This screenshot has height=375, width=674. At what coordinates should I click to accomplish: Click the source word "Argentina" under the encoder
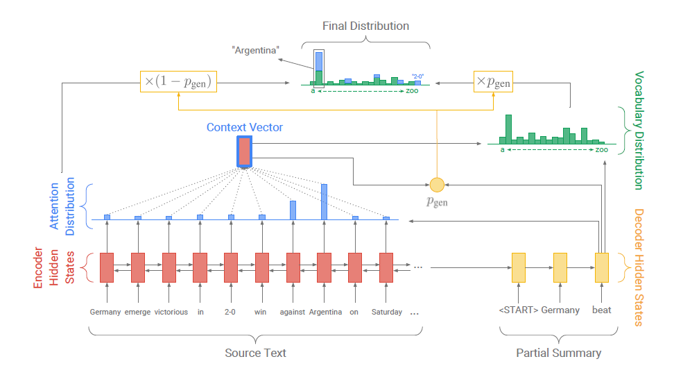[x=325, y=312]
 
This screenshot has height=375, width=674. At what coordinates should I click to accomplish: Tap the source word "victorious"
[x=171, y=312]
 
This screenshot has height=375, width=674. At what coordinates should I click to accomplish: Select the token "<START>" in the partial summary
[x=518, y=310]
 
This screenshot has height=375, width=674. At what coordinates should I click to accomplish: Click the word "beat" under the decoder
[x=602, y=310]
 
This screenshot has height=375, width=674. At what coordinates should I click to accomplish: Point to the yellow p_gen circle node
[x=437, y=184]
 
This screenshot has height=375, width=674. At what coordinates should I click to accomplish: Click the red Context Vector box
[x=245, y=151]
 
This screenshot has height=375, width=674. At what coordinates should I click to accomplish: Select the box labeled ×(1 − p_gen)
[x=179, y=82]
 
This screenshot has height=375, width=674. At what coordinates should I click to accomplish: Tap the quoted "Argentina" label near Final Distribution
[x=256, y=51]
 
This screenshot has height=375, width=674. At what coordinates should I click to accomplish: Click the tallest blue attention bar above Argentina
[x=324, y=201]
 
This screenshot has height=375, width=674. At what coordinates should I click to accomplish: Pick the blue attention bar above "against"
[x=293, y=210]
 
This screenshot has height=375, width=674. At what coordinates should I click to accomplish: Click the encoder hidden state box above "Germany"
[x=106, y=267]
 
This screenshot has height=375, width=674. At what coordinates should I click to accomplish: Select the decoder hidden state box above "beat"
[x=602, y=267]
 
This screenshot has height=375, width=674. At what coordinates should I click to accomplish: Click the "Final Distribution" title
[x=365, y=26]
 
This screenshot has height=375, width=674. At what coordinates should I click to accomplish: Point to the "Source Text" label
[x=255, y=353]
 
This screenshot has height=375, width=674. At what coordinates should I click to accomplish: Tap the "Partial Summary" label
[x=558, y=353]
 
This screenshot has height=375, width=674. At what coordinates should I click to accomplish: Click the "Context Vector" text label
[x=245, y=128]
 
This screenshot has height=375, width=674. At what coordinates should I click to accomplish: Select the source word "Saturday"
[x=387, y=312]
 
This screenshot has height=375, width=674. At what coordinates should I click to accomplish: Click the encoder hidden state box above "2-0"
[x=231, y=267]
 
